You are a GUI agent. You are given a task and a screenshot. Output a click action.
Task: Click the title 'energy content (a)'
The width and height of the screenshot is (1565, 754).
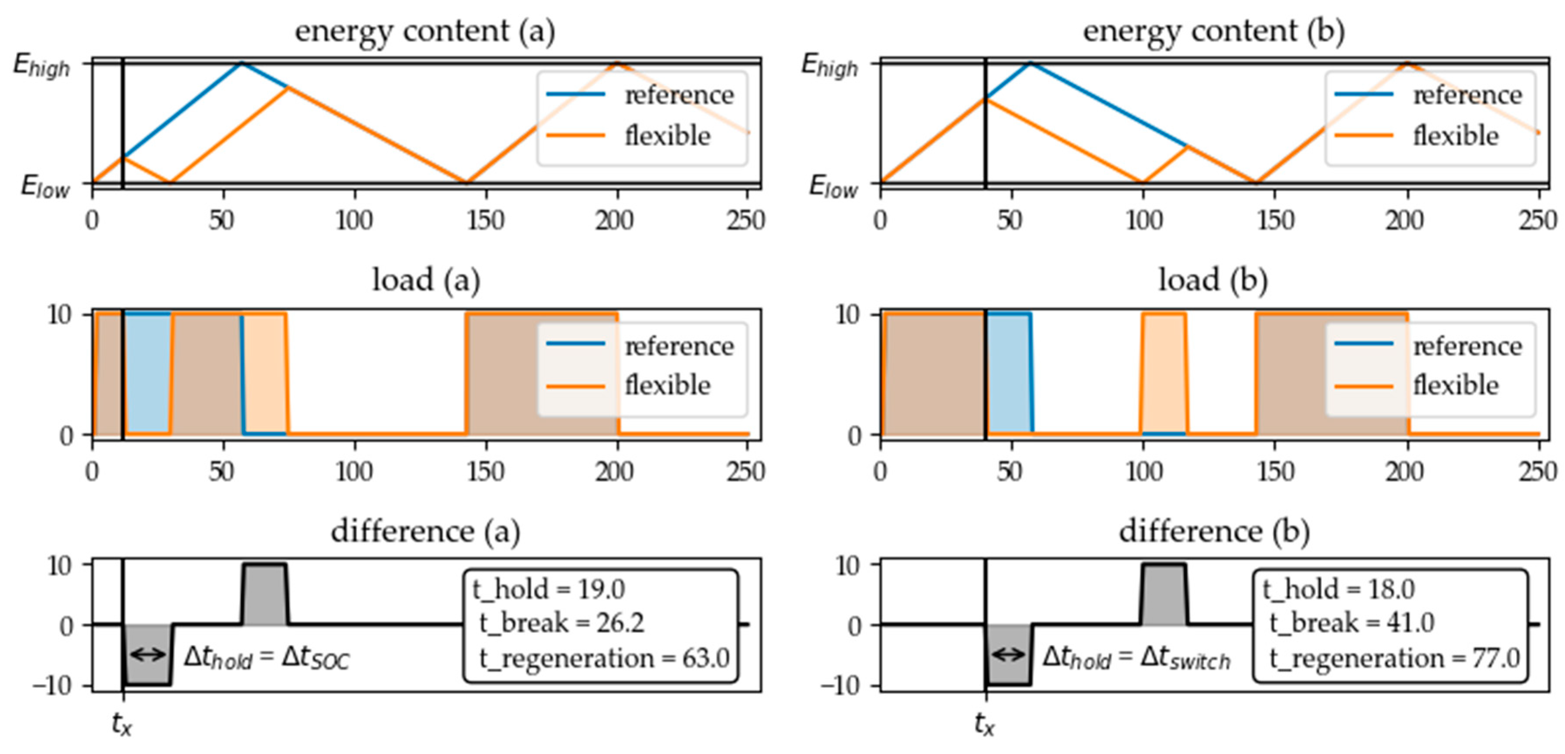[425, 31]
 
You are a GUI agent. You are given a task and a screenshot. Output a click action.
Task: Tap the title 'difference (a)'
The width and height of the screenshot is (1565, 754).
[425, 532]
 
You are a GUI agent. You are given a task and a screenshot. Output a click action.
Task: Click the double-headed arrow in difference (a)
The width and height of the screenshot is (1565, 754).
[148, 654]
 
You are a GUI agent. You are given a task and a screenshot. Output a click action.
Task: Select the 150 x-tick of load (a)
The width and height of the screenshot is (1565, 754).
[485, 472]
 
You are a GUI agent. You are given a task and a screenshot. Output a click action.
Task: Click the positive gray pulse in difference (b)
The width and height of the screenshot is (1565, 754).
[1163, 594]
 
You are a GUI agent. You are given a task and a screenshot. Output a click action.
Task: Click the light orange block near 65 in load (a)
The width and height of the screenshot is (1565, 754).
[265, 374]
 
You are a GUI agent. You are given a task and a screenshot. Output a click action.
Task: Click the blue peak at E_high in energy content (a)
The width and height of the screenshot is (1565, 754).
[242, 63]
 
